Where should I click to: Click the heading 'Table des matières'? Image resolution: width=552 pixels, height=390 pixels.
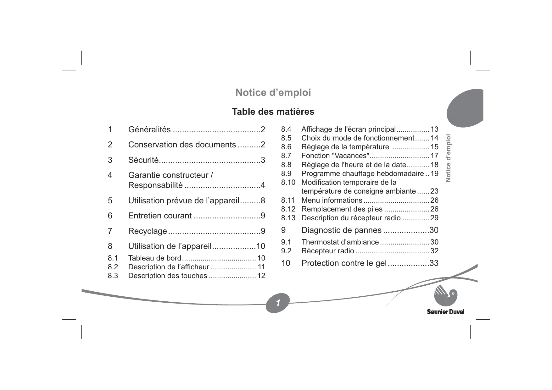tap(273, 112)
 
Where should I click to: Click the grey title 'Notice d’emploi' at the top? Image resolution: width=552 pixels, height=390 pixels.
tap(273, 93)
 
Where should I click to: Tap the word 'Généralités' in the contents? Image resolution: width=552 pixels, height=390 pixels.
tap(149, 129)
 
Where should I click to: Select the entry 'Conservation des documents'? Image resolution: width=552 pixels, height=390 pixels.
tap(182, 145)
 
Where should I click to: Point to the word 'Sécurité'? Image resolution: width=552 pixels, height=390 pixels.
tap(143, 160)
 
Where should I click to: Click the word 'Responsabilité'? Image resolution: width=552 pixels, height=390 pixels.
tap(155, 185)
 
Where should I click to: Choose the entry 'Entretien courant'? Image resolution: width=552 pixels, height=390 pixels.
tap(160, 216)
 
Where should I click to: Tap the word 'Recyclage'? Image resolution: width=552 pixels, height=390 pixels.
tap(148, 231)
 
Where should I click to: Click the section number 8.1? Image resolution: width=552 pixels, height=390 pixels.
tap(113, 258)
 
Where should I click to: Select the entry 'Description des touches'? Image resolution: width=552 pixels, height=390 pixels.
tap(168, 276)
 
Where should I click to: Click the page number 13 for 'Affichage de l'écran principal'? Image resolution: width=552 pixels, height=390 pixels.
tap(434, 129)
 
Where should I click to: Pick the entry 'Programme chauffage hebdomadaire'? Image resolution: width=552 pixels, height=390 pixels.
tap(362, 174)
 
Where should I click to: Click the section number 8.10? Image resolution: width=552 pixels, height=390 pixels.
tap(288, 183)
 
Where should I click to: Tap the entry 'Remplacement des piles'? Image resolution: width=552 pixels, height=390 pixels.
tap(342, 209)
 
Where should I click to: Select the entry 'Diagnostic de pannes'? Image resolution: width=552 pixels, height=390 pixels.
tap(341, 230)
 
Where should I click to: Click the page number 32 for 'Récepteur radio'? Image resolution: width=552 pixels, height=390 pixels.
tap(434, 251)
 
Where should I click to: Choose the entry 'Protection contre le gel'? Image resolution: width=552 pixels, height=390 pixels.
tap(344, 263)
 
